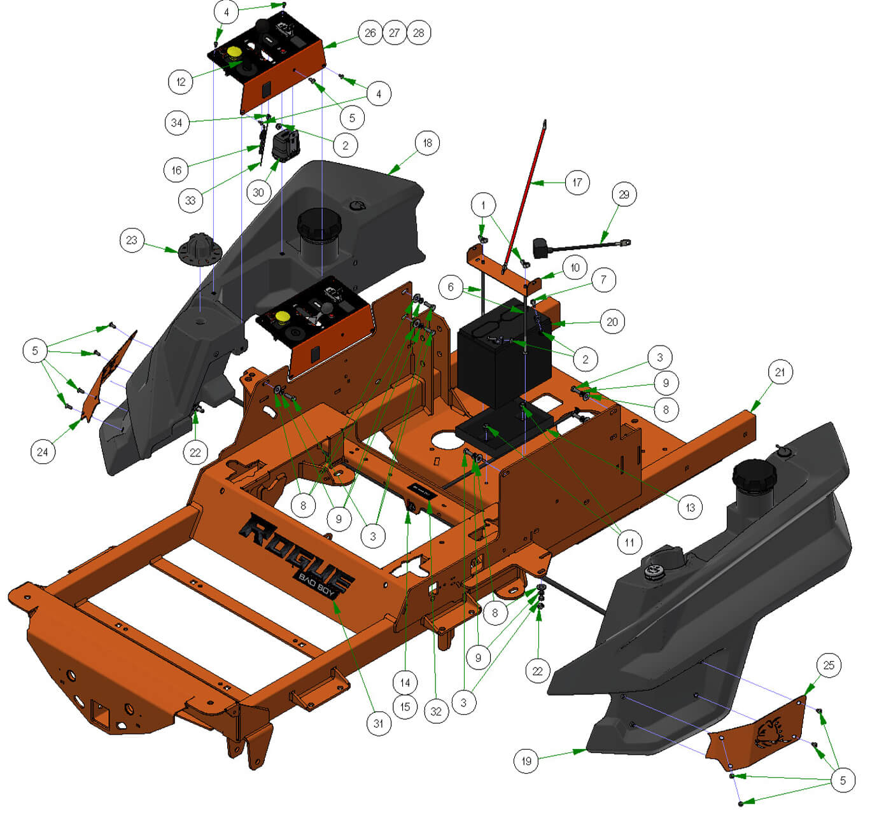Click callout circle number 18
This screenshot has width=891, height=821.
point(427,143)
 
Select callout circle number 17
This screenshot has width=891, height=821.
point(577,182)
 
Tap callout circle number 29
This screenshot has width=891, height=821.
point(624,195)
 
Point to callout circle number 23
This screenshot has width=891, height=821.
point(132,241)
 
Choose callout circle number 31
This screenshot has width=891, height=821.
point(379,724)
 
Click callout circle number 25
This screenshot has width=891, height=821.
point(829,665)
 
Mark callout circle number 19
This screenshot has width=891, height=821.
point(526,761)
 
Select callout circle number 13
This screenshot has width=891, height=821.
point(691,507)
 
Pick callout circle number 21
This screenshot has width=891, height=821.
point(780,372)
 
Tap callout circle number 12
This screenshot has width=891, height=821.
point(181,81)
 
